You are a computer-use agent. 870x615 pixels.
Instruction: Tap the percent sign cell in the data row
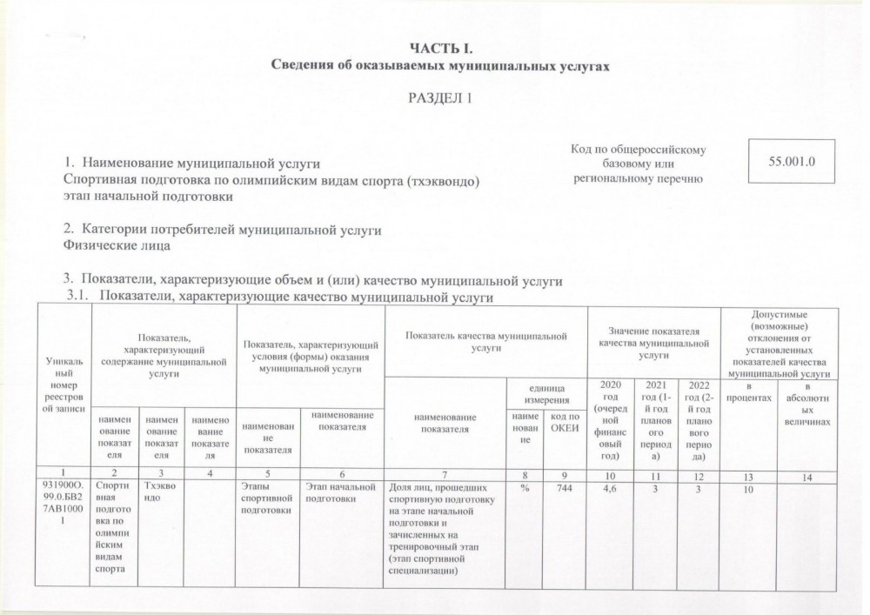[525, 489]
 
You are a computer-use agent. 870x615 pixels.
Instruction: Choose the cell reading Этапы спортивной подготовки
[266, 499]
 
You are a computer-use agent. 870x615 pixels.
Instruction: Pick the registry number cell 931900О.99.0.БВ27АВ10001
[61, 505]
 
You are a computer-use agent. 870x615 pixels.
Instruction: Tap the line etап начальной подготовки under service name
[149, 197]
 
